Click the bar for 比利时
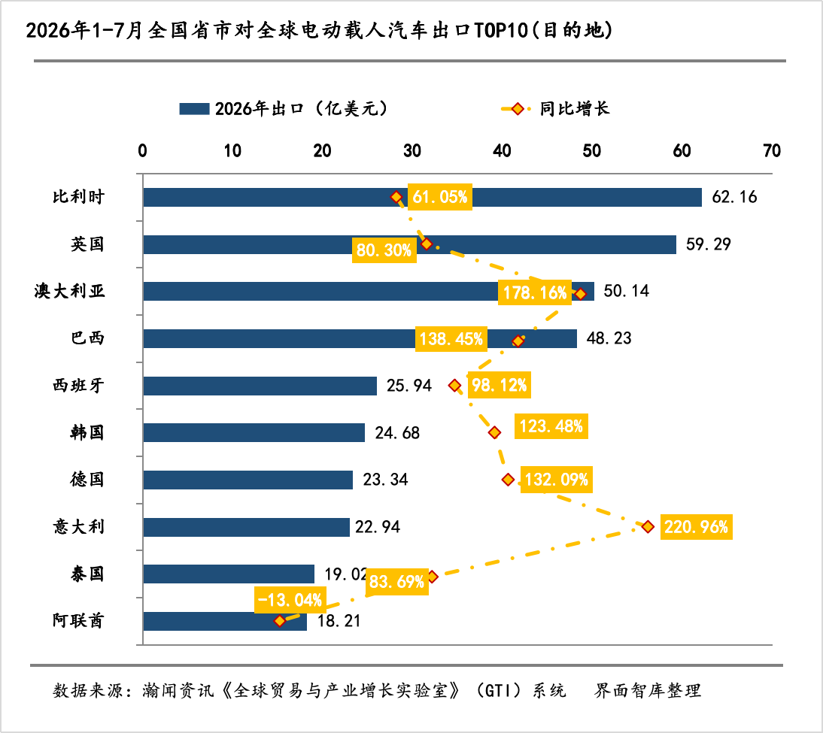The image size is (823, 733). click(x=423, y=197)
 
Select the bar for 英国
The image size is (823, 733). click(x=409, y=244)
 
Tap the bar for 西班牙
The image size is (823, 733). click(x=260, y=386)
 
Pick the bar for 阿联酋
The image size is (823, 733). click(x=225, y=621)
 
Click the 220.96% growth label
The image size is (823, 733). click(x=696, y=526)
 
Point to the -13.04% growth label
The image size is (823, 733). click(x=290, y=600)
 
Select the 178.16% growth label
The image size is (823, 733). click(x=535, y=292)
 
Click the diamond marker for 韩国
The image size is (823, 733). click(x=494, y=432)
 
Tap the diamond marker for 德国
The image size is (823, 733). click(x=508, y=480)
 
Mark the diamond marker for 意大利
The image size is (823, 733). click(x=648, y=526)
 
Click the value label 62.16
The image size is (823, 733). click(x=734, y=197)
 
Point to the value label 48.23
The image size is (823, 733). click(x=609, y=338)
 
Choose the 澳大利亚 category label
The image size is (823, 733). click(x=70, y=291)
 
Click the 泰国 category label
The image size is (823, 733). click(x=88, y=574)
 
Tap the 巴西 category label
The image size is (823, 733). click(x=88, y=338)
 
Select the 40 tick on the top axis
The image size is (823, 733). click(x=502, y=151)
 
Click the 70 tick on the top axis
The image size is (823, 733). click(x=772, y=151)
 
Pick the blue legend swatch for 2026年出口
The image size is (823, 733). click(x=194, y=108)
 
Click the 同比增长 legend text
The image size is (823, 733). click(x=574, y=108)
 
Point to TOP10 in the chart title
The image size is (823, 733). click(x=501, y=30)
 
